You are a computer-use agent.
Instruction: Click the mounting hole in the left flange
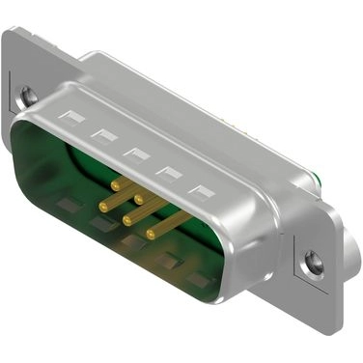(x=30, y=96)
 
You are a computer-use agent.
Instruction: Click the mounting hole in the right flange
(x=311, y=261)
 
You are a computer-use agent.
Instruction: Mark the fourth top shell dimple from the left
(x=170, y=174)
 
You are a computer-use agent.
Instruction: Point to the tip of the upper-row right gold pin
(x=139, y=199)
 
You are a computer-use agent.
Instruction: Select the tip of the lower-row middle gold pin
(x=126, y=219)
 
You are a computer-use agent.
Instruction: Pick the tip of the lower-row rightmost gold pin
(x=151, y=235)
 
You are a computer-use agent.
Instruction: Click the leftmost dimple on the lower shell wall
(x=68, y=206)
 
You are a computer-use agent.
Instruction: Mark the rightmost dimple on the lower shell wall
(x=198, y=280)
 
